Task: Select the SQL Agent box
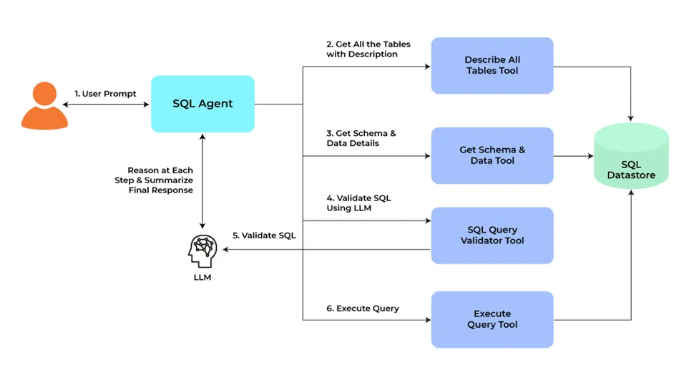[202, 104]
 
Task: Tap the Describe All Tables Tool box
[492, 66]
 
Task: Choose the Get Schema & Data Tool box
[492, 155]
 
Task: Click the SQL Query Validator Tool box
[492, 235]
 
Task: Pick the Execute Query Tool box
[492, 319]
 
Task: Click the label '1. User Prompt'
[105, 94]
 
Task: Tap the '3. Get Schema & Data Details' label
[361, 138]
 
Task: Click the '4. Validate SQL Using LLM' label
[358, 203]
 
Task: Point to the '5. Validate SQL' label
[264, 235]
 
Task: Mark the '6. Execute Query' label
[363, 308]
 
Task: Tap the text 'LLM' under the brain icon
[202, 278]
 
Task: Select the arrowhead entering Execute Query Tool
[426, 319]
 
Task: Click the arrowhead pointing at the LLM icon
[226, 250]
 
